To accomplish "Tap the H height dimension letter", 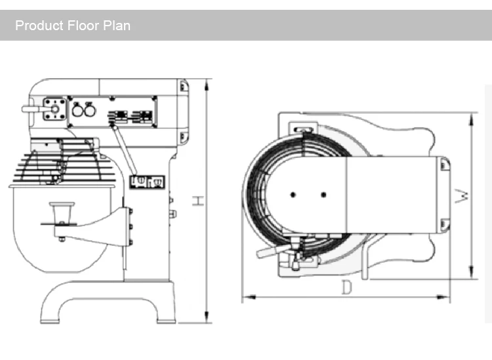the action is click(x=197, y=201).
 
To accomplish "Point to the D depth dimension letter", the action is click(x=346, y=287).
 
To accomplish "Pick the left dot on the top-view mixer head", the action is click(x=293, y=194).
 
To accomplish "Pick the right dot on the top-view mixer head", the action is click(x=323, y=194).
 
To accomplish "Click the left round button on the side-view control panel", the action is click(x=77, y=111).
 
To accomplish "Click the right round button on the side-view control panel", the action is click(x=89, y=111).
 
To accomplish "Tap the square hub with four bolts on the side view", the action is click(x=54, y=109).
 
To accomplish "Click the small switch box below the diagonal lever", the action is click(x=147, y=181).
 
